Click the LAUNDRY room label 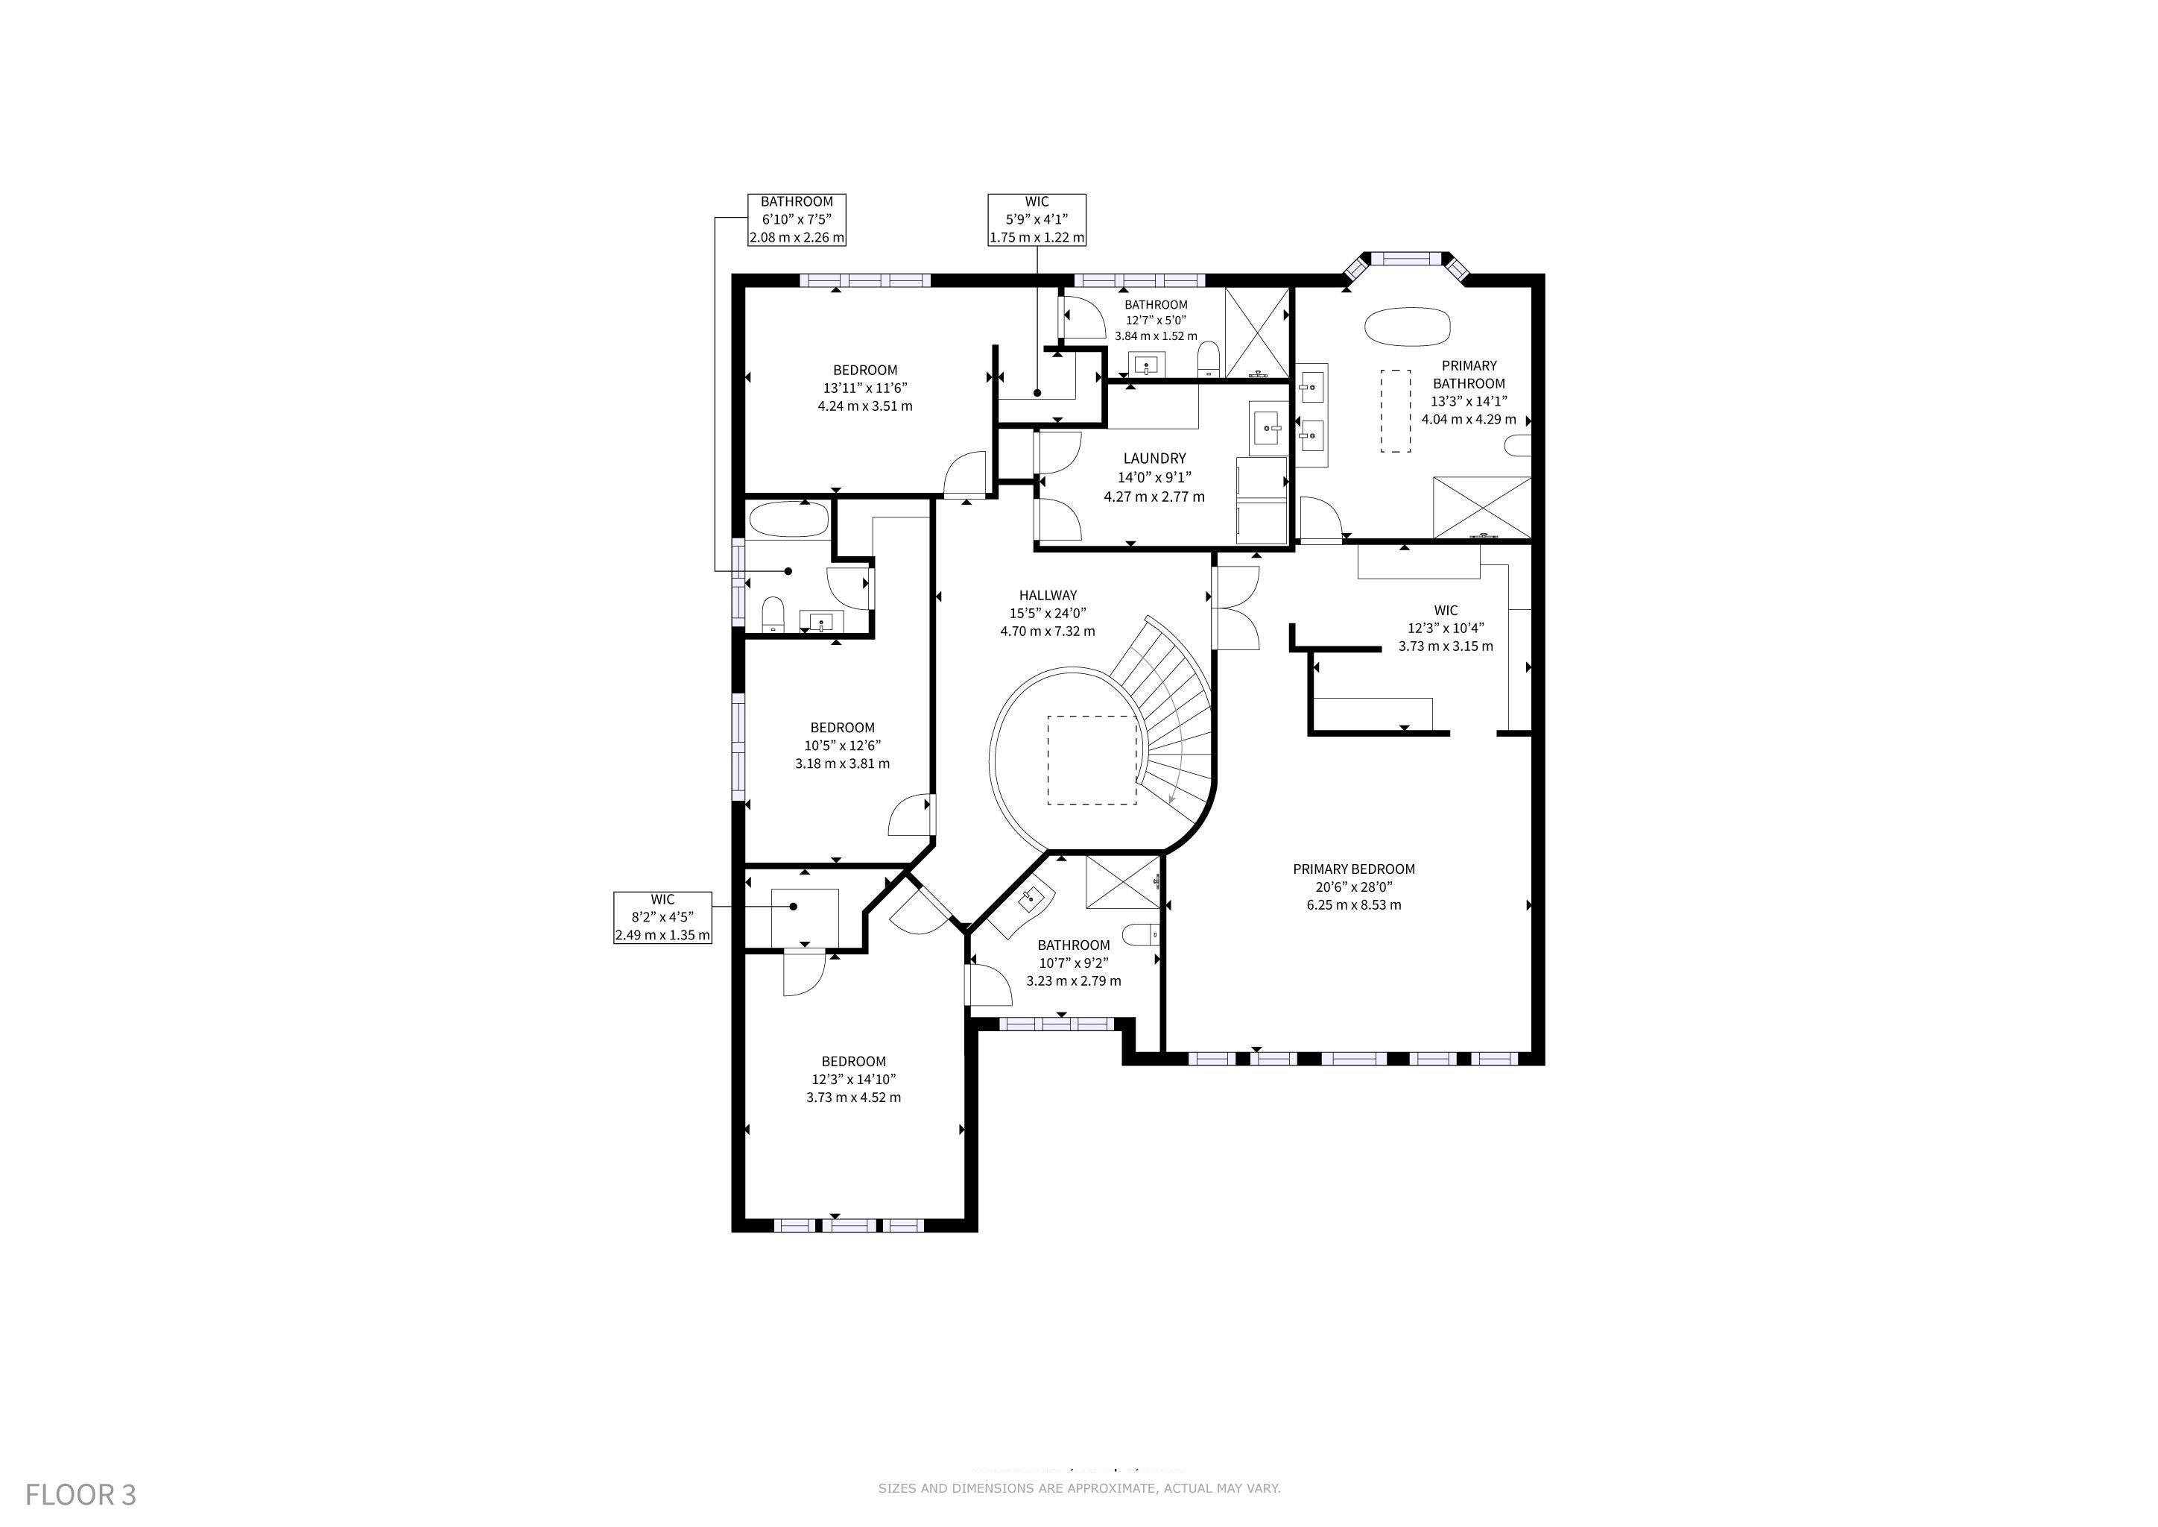point(1154,458)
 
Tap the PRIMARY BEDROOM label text point(1353,869)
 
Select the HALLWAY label point(1048,595)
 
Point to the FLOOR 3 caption point(80,1495)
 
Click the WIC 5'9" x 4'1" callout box point(1037,220)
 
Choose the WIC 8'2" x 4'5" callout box point(662,918)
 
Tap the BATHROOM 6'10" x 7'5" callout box point(797,220)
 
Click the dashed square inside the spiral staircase point(1092,760)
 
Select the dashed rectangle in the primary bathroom point(1396,411)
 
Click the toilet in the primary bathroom point(1518,446)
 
